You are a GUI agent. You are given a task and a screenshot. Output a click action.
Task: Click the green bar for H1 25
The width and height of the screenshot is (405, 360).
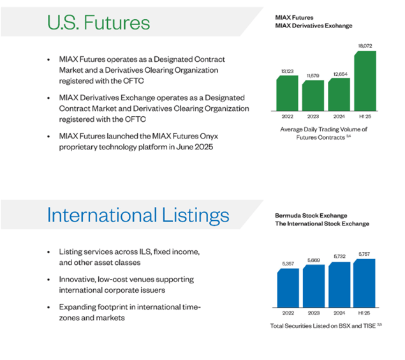click(365, 81)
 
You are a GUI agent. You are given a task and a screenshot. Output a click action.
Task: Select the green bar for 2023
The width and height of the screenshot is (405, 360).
click(313, 96)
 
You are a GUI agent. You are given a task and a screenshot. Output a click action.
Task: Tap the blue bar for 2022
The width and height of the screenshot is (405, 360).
click(288, 288)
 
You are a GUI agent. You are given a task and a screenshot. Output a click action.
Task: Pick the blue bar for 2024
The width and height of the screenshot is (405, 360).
click(339, 285)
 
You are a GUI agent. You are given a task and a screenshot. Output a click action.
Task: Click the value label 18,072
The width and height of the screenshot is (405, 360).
click(365, 46)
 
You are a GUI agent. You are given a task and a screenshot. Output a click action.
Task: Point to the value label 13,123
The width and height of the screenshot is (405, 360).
click(287, 71)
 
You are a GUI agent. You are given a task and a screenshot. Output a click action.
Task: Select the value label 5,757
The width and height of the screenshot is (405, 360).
click(364, 254)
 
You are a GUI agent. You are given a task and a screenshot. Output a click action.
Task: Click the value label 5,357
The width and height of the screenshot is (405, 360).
click(288, 264)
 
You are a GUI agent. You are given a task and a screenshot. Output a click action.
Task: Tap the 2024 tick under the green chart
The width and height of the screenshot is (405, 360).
click(339, 117)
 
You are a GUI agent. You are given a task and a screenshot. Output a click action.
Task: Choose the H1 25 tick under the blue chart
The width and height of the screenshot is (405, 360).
click(364, 313)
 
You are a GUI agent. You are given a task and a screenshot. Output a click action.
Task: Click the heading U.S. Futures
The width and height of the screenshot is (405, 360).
click(98, 22)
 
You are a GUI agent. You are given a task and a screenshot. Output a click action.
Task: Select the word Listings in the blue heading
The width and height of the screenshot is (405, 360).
click(196, 216)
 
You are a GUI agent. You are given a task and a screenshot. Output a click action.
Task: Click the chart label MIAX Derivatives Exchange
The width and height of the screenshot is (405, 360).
click(314, 26)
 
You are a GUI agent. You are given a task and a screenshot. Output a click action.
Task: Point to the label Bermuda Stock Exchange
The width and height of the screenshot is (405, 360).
click(311, 216)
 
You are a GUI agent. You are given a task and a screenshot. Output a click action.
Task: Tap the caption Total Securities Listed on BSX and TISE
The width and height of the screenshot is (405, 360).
click(323, 326)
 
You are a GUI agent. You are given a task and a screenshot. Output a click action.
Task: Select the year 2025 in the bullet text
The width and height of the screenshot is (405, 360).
click(204, 147)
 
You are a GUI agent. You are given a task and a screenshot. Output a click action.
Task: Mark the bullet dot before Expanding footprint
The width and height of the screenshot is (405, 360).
click(48, 307)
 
